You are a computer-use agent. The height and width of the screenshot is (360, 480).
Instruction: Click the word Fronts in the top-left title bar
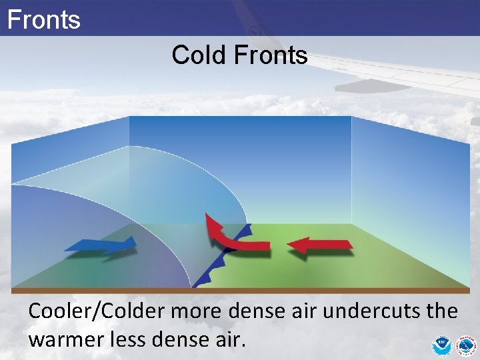pos(43,19)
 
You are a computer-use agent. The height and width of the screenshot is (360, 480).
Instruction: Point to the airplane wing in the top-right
pos(400,73)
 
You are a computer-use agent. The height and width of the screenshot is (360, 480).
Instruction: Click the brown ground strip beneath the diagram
pos(240,291)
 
